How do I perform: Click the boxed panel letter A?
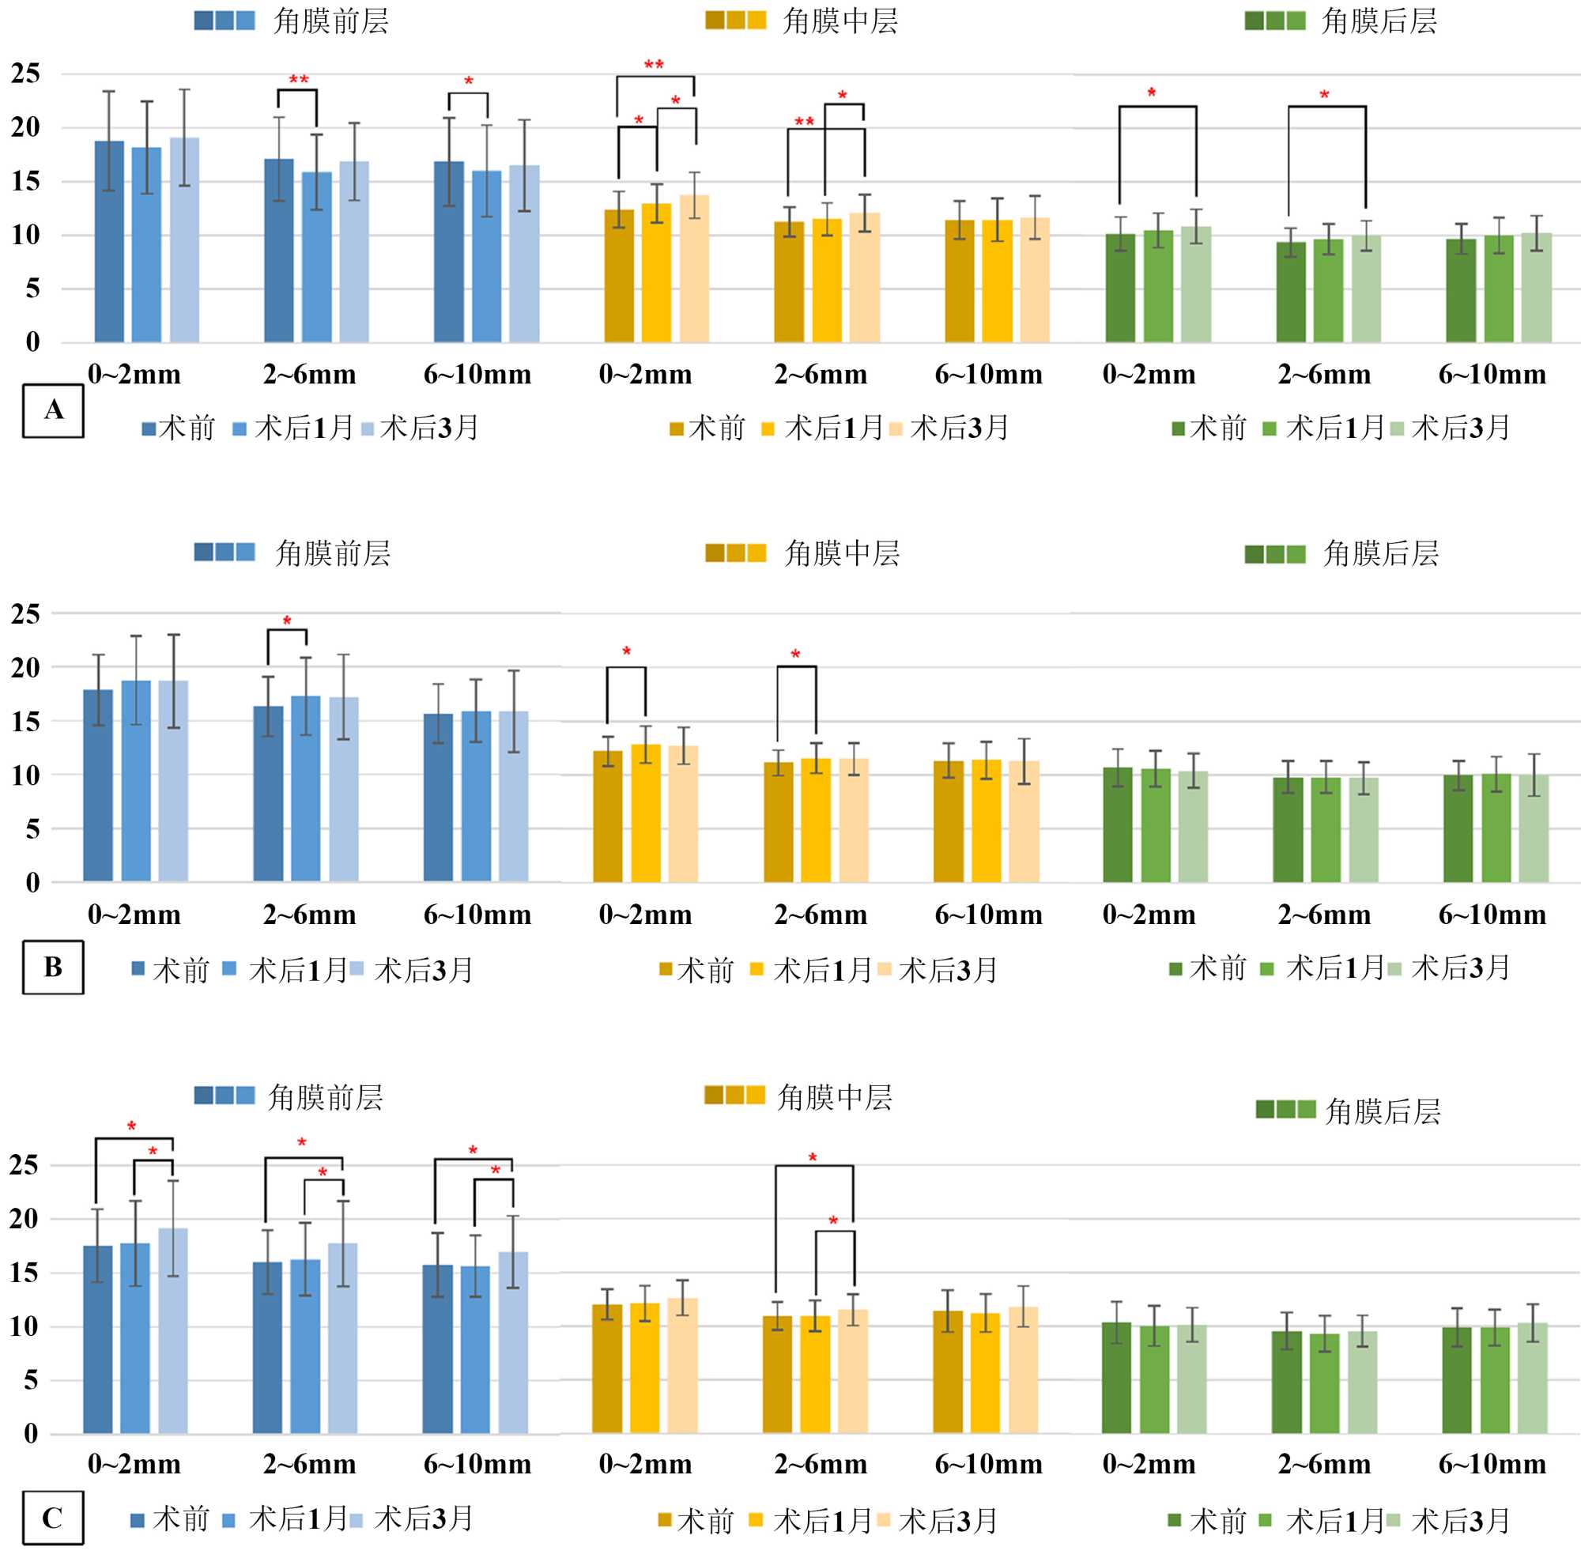53,410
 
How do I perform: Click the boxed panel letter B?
53,968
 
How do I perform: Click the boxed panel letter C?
53,1518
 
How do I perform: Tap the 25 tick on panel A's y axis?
25,74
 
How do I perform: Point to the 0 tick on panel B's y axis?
32,883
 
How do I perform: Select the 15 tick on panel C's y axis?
24,1273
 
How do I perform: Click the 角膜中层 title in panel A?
840,21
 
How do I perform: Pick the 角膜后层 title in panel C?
1382,1111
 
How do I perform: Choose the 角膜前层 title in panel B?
332,553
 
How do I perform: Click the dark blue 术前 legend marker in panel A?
149,428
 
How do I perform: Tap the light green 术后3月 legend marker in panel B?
1394,970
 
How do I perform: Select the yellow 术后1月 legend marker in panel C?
757,1520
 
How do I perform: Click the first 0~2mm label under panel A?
134,375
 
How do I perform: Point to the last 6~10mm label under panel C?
1492,1464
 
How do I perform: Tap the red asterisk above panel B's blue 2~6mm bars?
287,622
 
